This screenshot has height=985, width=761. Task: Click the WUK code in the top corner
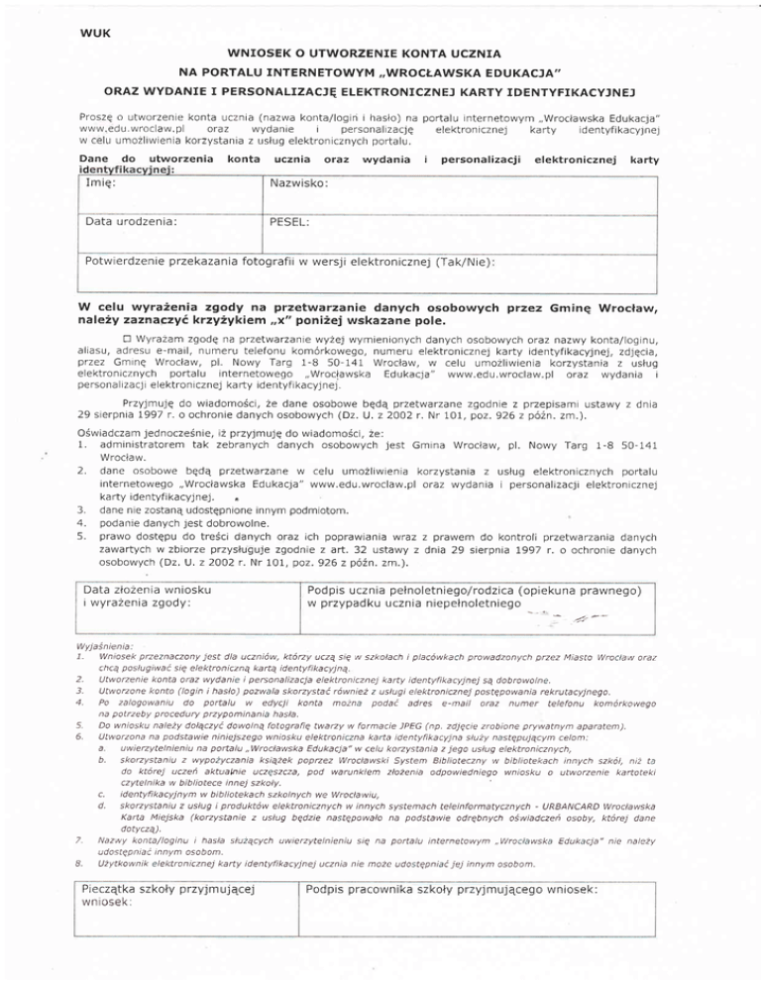[94, 33]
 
